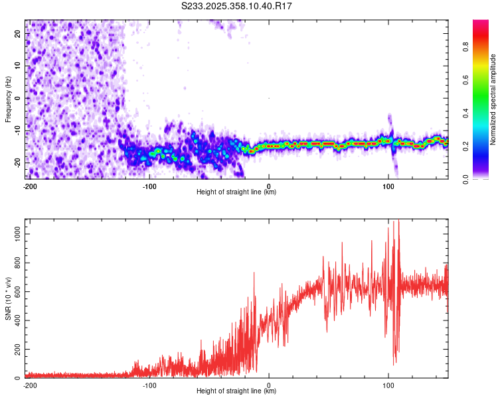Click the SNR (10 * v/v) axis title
click(8, 298)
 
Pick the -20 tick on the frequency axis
click(17, 162)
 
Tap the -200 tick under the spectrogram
click(29, 186)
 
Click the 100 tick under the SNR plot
click(388, 385)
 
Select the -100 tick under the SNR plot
click(149, 385)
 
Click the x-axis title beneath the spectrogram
click(236, 192)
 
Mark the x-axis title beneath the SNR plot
click(236, 391)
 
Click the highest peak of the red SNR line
click(398, 220)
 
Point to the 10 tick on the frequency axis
click(18, 66)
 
